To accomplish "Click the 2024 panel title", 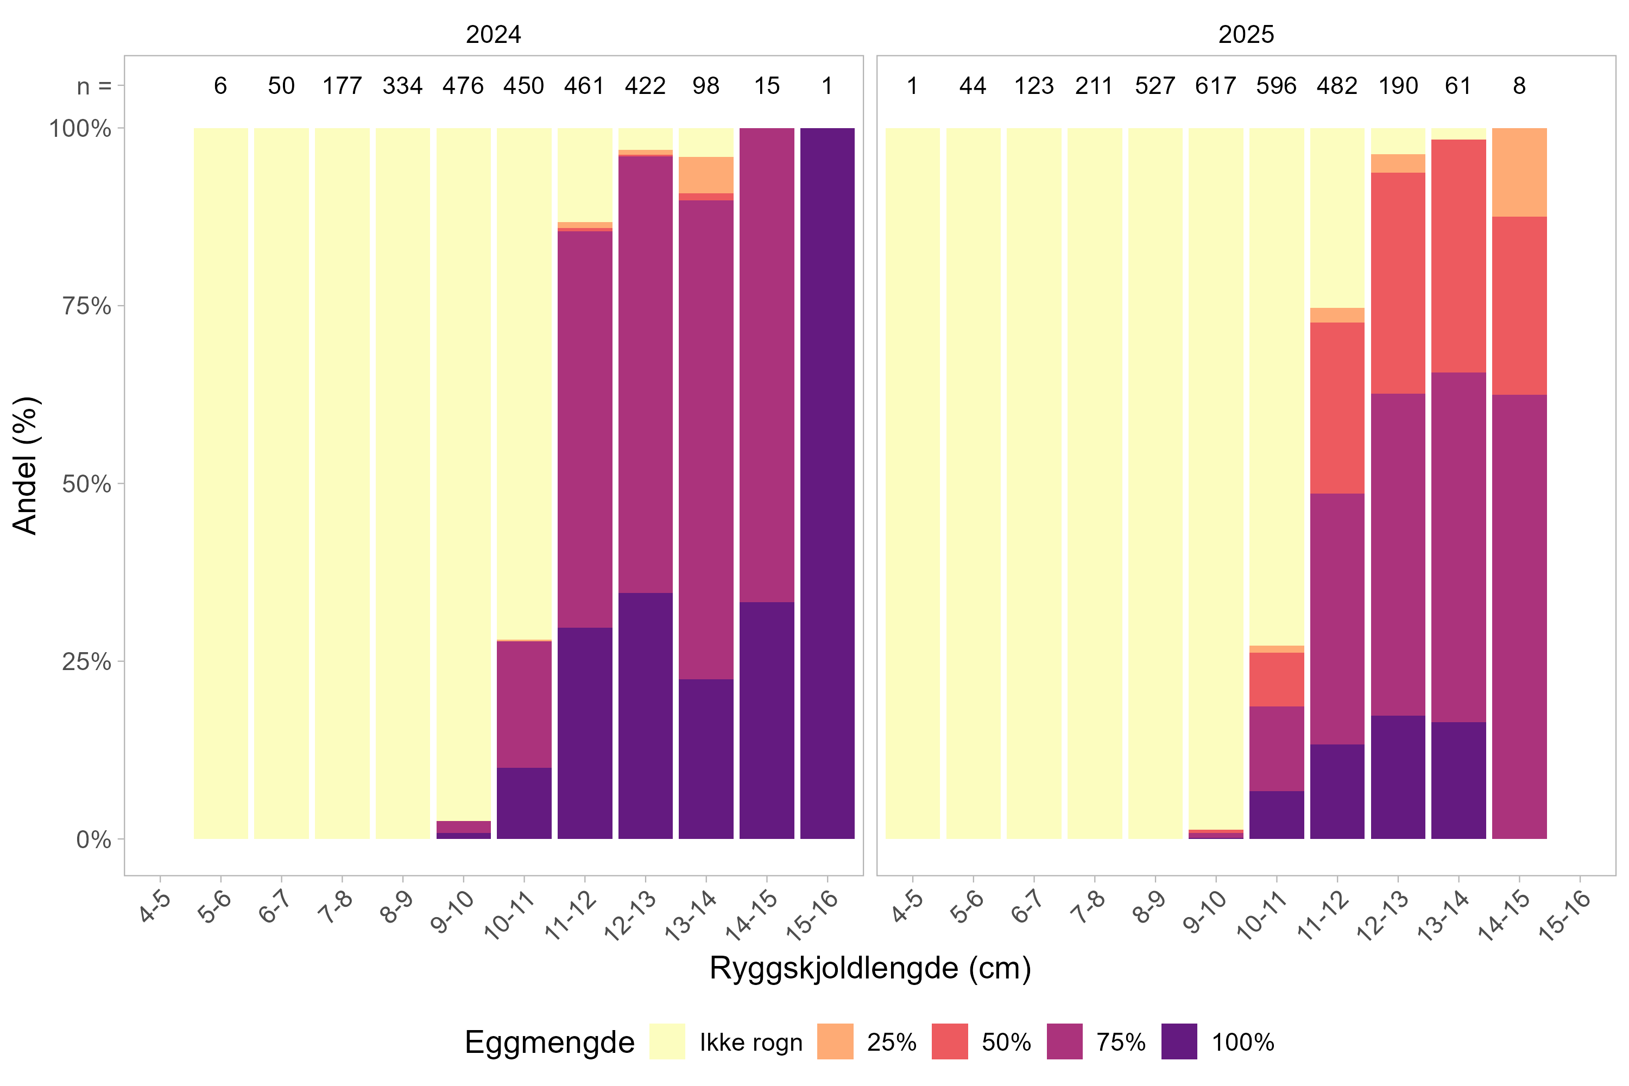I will tap(493, 34).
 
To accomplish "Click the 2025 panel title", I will tap(1246, 34).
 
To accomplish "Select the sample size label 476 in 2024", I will tap(463, 86).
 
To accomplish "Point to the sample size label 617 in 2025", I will tap(1216, 86).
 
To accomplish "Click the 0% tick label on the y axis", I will tap(93, 839).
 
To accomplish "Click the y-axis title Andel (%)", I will tap(26, 465).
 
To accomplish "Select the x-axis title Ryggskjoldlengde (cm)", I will tap(870, 968).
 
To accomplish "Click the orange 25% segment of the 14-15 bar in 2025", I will tap(1519, 173).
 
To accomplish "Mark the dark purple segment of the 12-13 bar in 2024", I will tap(645, 716).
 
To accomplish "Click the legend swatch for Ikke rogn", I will tap(667, 1041).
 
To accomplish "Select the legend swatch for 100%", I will tap(1179, 1041).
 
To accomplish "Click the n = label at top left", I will tap(94, 86).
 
